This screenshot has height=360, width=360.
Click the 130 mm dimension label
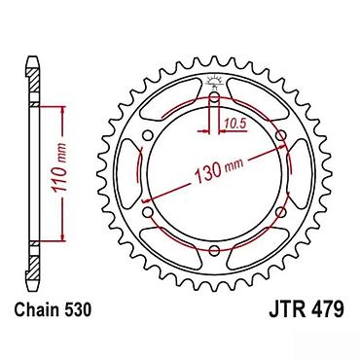218,170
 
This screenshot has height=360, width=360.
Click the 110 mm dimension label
61,171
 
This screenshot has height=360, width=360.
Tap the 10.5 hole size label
235,124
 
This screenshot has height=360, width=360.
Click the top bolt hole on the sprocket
214,96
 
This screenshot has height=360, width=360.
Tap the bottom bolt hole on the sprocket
214,250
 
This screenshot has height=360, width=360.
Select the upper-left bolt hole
148,135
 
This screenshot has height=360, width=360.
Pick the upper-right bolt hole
280,135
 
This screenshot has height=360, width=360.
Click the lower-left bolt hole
148,212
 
